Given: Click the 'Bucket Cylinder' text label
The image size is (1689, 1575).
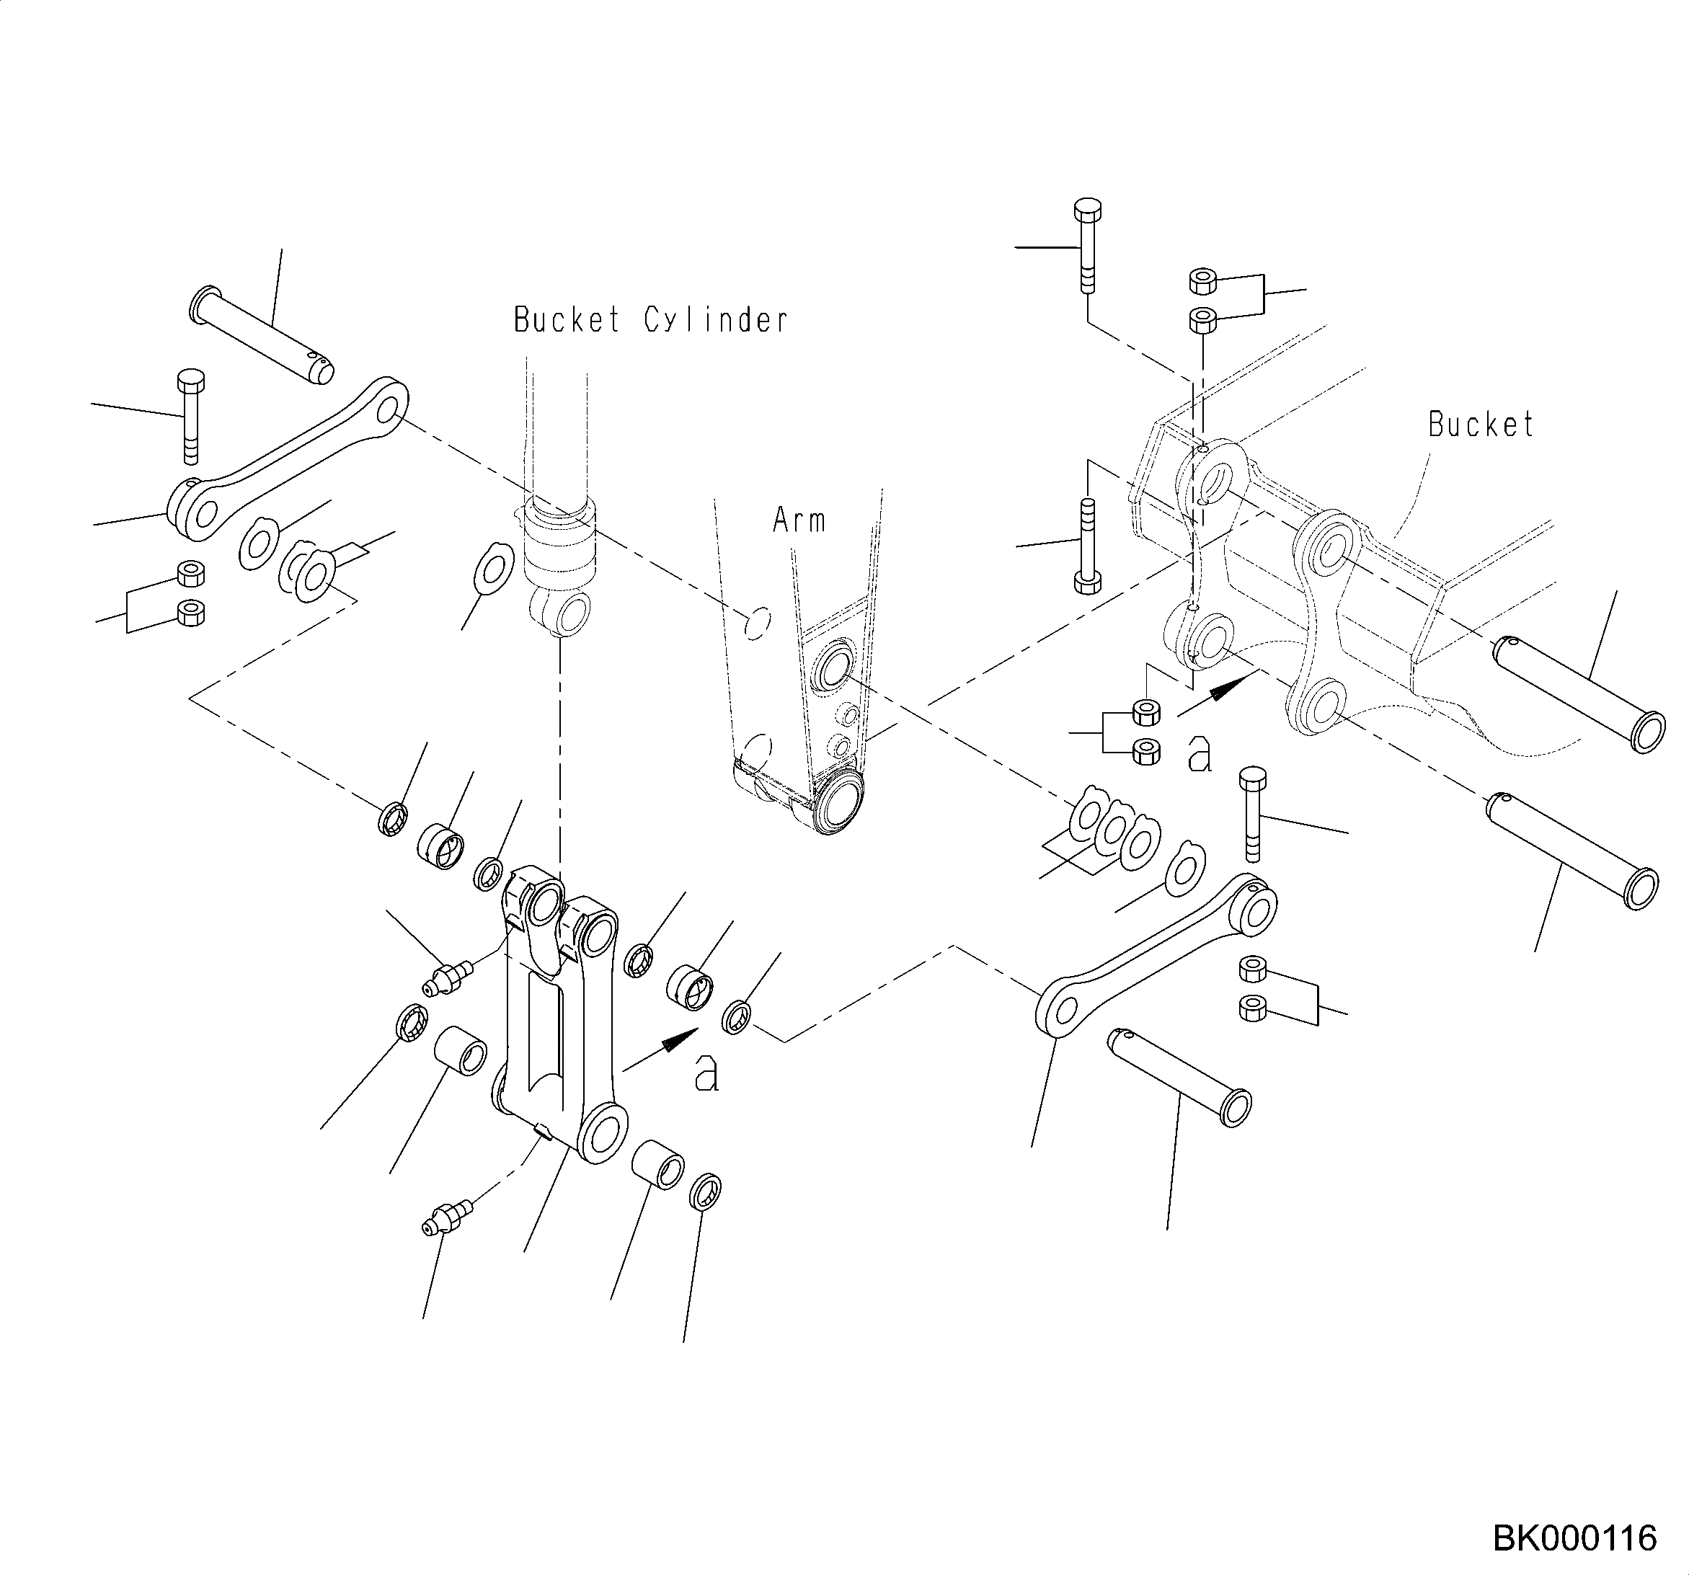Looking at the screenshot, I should coord(651,320).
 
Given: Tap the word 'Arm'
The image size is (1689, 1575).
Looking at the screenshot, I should coord(799,520).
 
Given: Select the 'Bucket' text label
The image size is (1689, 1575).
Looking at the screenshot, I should coord(1481,424).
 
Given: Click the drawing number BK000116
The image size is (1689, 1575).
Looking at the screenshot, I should coord(1574,1538).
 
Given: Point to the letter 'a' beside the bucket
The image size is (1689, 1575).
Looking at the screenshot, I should coord(1199,753).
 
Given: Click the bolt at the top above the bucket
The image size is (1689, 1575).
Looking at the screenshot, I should coord(1088,244).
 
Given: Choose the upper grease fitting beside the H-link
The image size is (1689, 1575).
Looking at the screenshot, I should coord(447,976).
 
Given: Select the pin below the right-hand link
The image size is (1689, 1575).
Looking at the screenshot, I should coord(1180,1076).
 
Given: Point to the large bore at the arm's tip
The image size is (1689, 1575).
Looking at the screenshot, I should coord(837,803).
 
